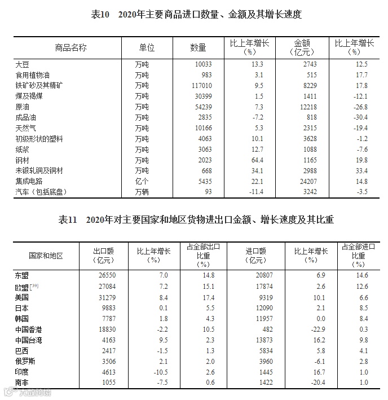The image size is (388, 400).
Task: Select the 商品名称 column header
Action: (x=71, y=47)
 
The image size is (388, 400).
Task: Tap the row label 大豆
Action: (x=23, y=64)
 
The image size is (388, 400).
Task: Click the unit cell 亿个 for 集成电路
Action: (x=142, y=182)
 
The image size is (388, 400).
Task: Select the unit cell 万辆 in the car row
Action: (x=142, y=192)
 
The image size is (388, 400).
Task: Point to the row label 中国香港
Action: (x=30, y=329)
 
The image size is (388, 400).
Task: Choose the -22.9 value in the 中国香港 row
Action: (x=318, y=329)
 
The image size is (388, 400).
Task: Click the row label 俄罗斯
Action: (x=27, y=362)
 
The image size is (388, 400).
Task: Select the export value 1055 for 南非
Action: (x=105, y=383)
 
